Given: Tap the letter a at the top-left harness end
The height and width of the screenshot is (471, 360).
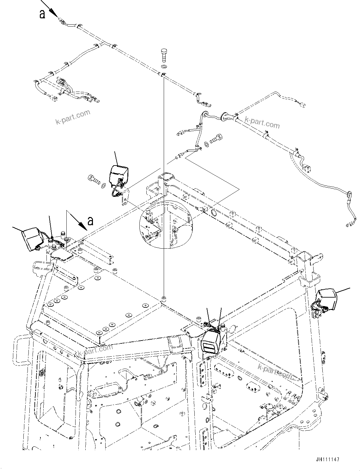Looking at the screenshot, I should [x=42, y=14].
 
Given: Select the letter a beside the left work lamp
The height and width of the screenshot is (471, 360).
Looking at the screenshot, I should [x=90, y=221].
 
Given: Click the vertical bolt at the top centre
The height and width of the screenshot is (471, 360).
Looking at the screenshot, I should [x=163, y=56].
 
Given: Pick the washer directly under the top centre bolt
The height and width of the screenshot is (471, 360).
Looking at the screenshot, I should [x=164, y=67].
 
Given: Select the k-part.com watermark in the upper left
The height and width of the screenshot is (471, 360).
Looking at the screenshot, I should [x=73, y=117].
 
